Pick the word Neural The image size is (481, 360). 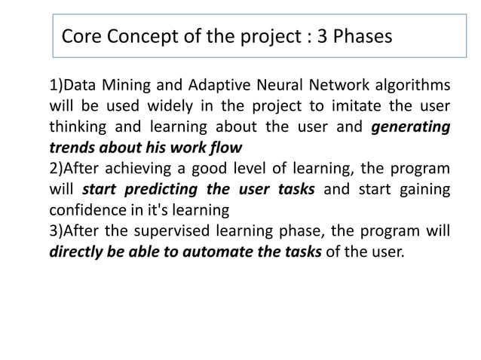(x=274, y=84)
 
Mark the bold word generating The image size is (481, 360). (x=412, y=126)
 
